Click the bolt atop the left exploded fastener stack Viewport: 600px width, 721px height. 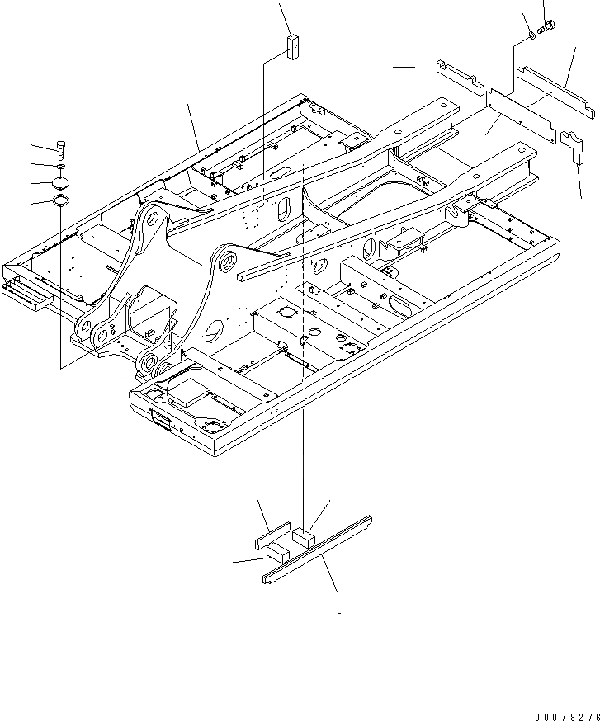click(61, 149)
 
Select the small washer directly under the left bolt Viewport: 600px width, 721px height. click(61, 167)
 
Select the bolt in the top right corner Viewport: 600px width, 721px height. click(545, 28)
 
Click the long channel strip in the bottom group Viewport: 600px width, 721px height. click(318, 548)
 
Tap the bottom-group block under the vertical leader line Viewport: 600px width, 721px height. click(305, 536)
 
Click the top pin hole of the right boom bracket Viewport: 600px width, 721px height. click(223, 263)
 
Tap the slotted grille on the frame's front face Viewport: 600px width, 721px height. click(160, 423)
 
